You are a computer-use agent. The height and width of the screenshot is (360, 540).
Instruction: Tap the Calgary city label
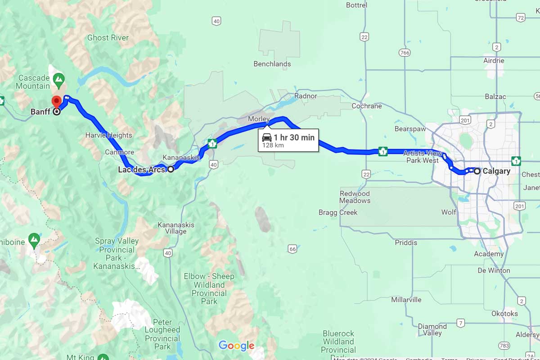[496, 171]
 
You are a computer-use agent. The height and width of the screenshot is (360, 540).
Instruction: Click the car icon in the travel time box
[267, 138]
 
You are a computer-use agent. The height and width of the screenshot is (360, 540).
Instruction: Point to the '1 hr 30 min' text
[294, 137]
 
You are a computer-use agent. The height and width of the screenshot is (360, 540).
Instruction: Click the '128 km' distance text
[273, 145]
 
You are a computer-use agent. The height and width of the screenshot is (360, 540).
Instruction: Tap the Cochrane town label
[367, 106]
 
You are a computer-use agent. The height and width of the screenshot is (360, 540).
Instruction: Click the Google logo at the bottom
[237, 346]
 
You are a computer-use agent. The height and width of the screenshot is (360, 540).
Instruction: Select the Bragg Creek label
[338, 212]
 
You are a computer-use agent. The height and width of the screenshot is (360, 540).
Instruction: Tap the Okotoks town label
[504, 314]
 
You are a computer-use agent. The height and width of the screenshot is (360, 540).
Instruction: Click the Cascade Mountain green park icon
[58, 81]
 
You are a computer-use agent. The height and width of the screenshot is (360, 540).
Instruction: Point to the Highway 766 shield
[404, 53]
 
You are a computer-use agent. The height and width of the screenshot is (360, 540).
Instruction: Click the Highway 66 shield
[292, 249]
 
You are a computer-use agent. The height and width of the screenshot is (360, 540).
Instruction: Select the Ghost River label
[108, 38]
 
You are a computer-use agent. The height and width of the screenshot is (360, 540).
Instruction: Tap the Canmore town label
[120, 152]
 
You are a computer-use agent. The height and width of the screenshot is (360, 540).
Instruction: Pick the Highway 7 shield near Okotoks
[460, 323]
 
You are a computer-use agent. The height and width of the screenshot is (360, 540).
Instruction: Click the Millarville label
[406, 300]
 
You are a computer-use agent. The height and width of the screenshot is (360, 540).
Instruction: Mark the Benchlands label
[272, 64]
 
